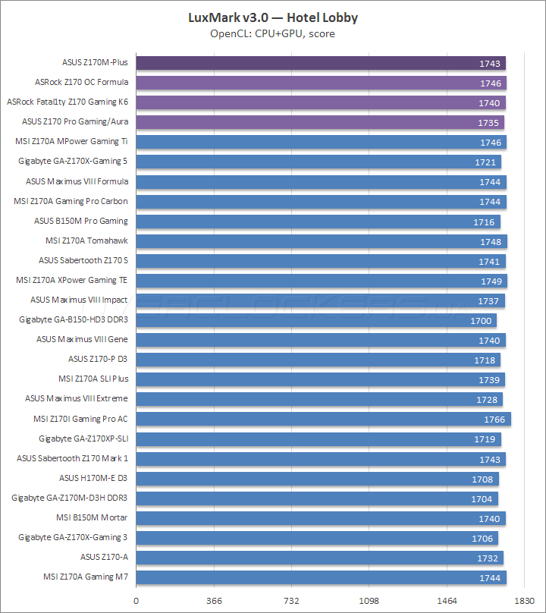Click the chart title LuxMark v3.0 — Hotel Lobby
click(x=273, y=17)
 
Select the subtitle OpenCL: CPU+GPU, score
click(x=273, y=33)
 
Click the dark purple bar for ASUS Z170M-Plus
click(x=321, y=63)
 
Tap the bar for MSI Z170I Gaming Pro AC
click(x=323, y=419)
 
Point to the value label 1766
click(x=494, y=419)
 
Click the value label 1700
click(x=481, y=320)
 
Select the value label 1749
click(x=491, y=281)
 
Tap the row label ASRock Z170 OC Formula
click(x=82, y=82)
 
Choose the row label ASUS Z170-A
click(x=105, y=557)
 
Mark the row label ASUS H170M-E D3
click(x=94, y=478)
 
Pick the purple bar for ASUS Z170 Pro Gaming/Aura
click(x=320, y=122)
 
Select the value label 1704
click(x=482, y=498)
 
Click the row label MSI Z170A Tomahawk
click(x=87, y=240)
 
